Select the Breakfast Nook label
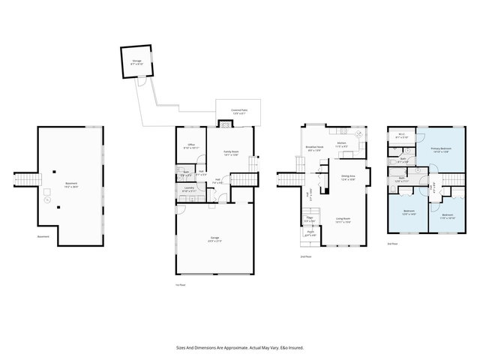pos(315,148)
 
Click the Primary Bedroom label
pos(440,150)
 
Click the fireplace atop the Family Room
pos(224,124)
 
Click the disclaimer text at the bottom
pos(239,348)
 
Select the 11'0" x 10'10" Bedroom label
pos(447,217)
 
